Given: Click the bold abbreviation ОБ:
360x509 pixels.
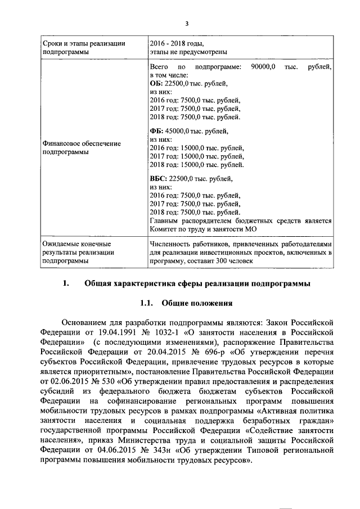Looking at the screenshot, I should click(157, 83).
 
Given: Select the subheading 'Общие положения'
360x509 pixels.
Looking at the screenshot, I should click(197, 304).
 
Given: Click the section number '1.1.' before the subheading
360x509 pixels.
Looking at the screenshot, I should click(147, 304).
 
